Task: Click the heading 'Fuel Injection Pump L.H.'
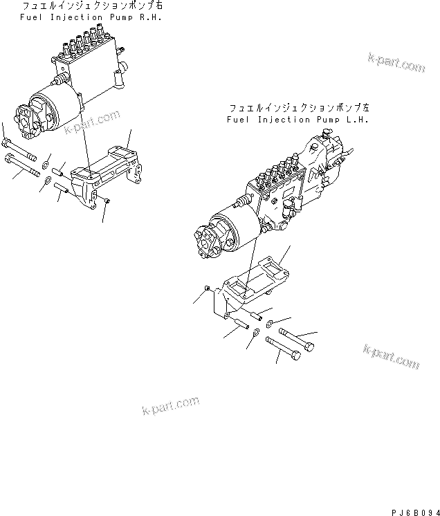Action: point(297,120)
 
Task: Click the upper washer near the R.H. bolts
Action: point(46,163)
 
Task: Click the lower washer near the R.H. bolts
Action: point(47,181)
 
